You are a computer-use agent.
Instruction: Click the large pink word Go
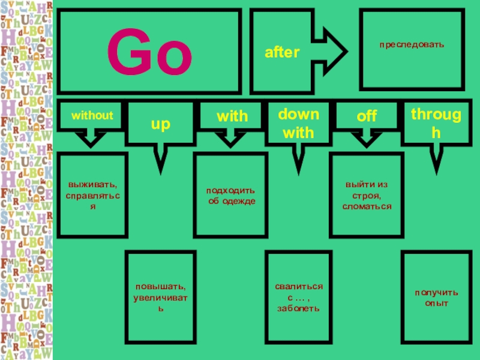point(149,53)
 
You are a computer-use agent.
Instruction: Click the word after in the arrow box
point(282,53)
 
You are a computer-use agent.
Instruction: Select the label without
point(92,114)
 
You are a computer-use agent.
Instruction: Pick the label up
point(160,124)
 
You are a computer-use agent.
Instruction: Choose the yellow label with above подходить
point(232,116)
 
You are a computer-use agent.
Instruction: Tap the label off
point(367,116)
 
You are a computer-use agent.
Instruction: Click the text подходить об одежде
point(232,196)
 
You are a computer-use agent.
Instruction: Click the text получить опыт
point(436,298)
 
